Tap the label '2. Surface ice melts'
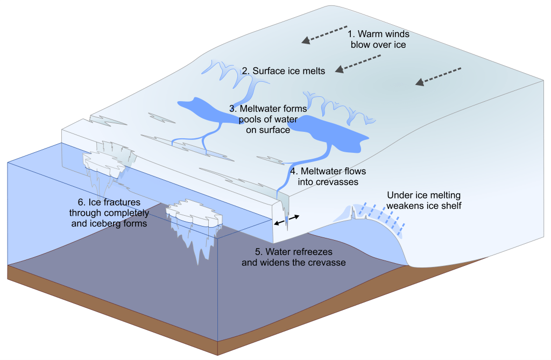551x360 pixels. pyautogui.click(x=284, y=70)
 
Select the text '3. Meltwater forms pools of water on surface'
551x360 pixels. pyautogui.click(x=268, y=119)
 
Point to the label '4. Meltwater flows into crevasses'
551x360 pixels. pyautogui.click(x=328, y=177)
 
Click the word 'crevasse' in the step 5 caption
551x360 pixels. pyautogui.click(x=325, y=263)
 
